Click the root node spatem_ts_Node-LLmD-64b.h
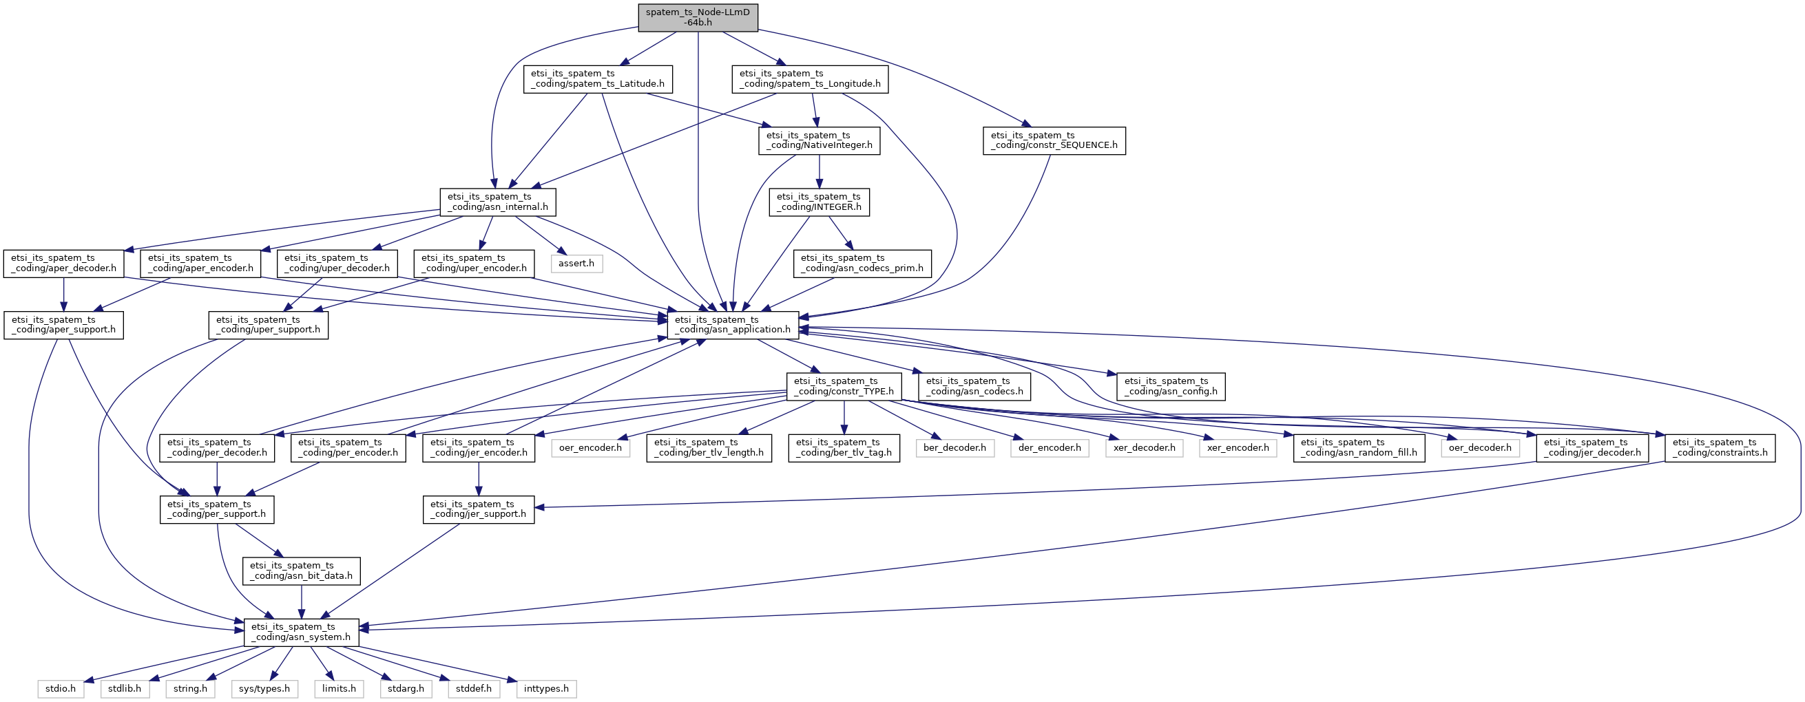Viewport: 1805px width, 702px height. (x=698, y=17)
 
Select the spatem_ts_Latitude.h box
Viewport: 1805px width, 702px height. (x=598, y=79)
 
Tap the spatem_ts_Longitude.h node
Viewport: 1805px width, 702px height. (x=810, y=79)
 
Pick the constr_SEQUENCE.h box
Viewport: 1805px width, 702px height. (x=1054, y=141)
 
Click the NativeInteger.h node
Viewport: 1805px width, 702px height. (x=819, y=141)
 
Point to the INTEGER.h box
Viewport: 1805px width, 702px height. (x=819, y=202)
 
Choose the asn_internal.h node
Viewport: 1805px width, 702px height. (x=497, y=202)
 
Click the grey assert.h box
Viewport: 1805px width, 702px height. (x=576, y=264)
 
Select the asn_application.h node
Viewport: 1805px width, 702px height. (x=733, y=325)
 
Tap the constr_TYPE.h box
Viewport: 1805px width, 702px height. (x=844, y=387)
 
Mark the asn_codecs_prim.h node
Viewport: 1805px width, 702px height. (x=862, y=264)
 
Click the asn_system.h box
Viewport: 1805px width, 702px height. (x=302, y=632)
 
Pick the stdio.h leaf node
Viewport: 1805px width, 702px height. (x=61, y=690)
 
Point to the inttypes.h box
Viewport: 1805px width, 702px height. (x=547, y=690)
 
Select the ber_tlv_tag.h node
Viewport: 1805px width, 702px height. (x=844, y=448)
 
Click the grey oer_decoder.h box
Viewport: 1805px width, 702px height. (x=1480, y=448)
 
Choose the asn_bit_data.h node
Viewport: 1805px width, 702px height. (x=302, y=571)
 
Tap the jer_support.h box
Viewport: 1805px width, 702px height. (x=479, y=509)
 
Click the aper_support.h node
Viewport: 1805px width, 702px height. (x=64, y=325)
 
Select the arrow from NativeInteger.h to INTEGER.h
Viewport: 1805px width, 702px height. (x=819, y=171)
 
